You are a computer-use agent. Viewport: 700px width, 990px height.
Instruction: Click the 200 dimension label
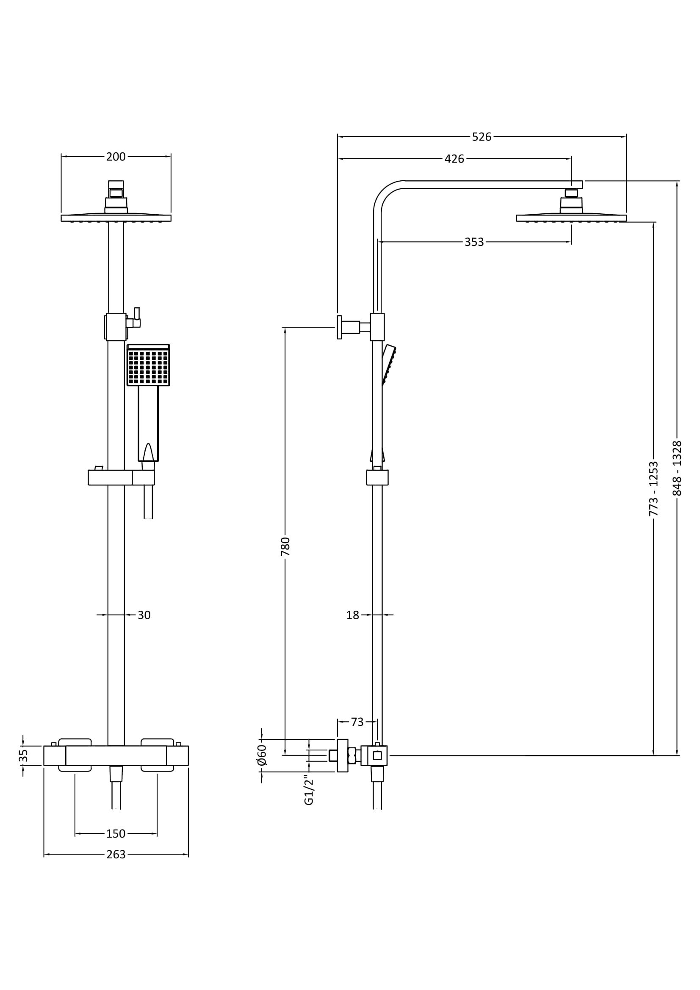click(116, 157)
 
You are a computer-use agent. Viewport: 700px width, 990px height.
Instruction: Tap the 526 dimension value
click(481, 137)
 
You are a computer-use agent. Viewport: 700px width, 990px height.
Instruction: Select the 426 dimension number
click(454, 159)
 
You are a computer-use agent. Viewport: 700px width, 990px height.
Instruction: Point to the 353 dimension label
click(474, 243)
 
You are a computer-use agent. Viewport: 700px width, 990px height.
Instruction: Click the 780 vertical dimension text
click(285, 546)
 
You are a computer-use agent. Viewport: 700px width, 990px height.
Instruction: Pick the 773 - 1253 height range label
click(654, 488)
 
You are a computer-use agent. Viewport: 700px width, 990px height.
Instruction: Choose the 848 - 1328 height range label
click(677, 468)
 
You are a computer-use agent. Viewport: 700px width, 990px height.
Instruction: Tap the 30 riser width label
click(144, 615)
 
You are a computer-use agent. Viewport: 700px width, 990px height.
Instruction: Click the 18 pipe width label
click(352, 615)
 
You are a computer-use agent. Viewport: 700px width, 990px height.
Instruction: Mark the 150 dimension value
click(116, 834)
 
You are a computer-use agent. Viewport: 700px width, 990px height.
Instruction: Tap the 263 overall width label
click(116, 855)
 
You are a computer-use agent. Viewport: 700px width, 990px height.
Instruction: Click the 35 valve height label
click(23, 755)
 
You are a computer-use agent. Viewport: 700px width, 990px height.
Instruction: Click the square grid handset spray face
click(148, 367)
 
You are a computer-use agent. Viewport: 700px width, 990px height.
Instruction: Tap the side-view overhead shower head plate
click(571, 218)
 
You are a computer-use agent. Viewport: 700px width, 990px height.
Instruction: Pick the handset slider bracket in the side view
click(377, 477)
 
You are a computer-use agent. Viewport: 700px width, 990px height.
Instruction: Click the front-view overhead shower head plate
click(116, 218)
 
